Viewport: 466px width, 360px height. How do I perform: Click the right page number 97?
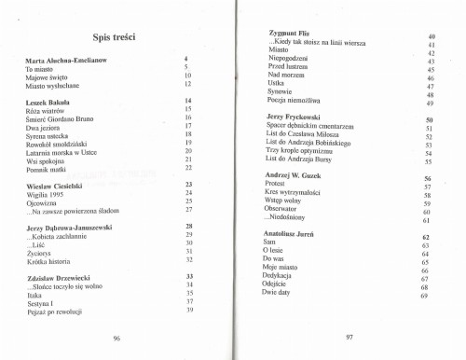click(x=349, y=337)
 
